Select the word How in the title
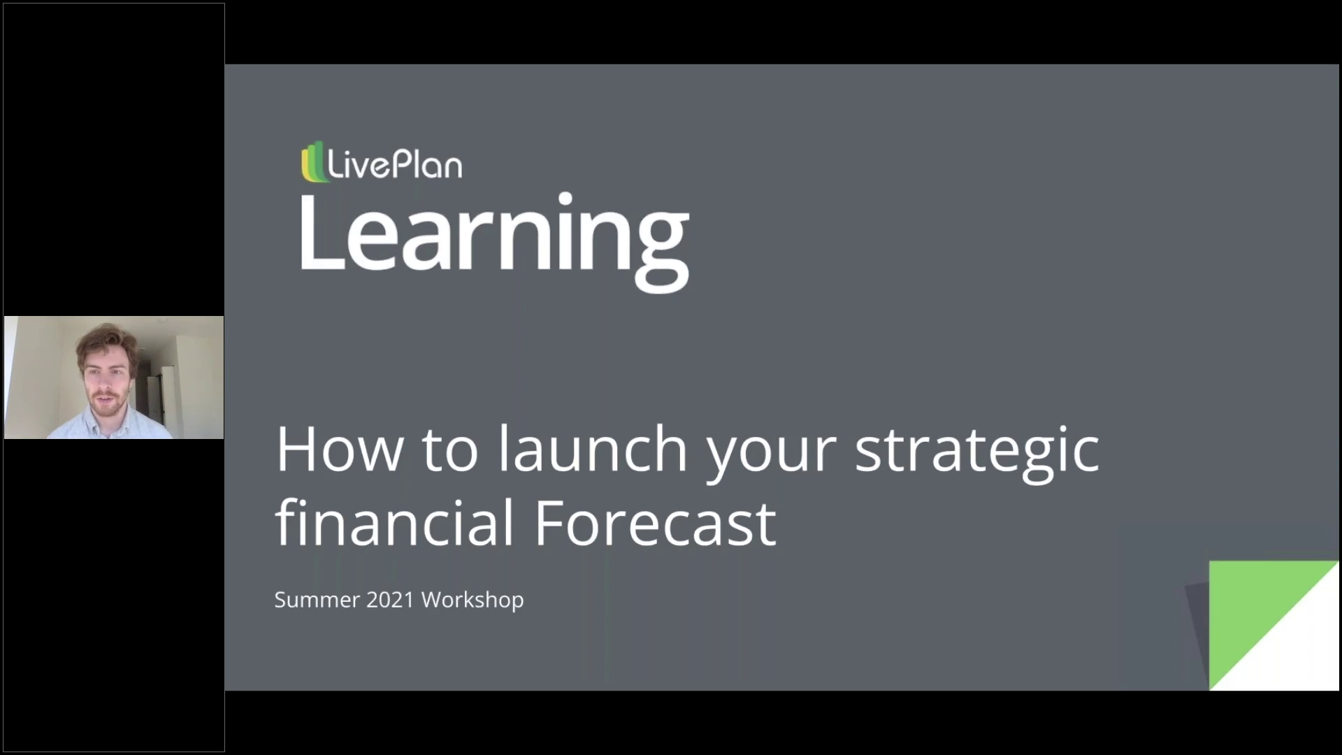(x=338, y=450)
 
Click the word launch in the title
(x=593, y=450)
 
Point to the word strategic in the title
(x=976, y=450)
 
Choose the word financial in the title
(x=395, y=523)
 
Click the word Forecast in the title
(x=655, y=523)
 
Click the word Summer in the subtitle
(x=317, y=600)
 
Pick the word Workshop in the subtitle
(x=472, y=600)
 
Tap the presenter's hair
(x=106, y=339)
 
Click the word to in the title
(x=449, y=450)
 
